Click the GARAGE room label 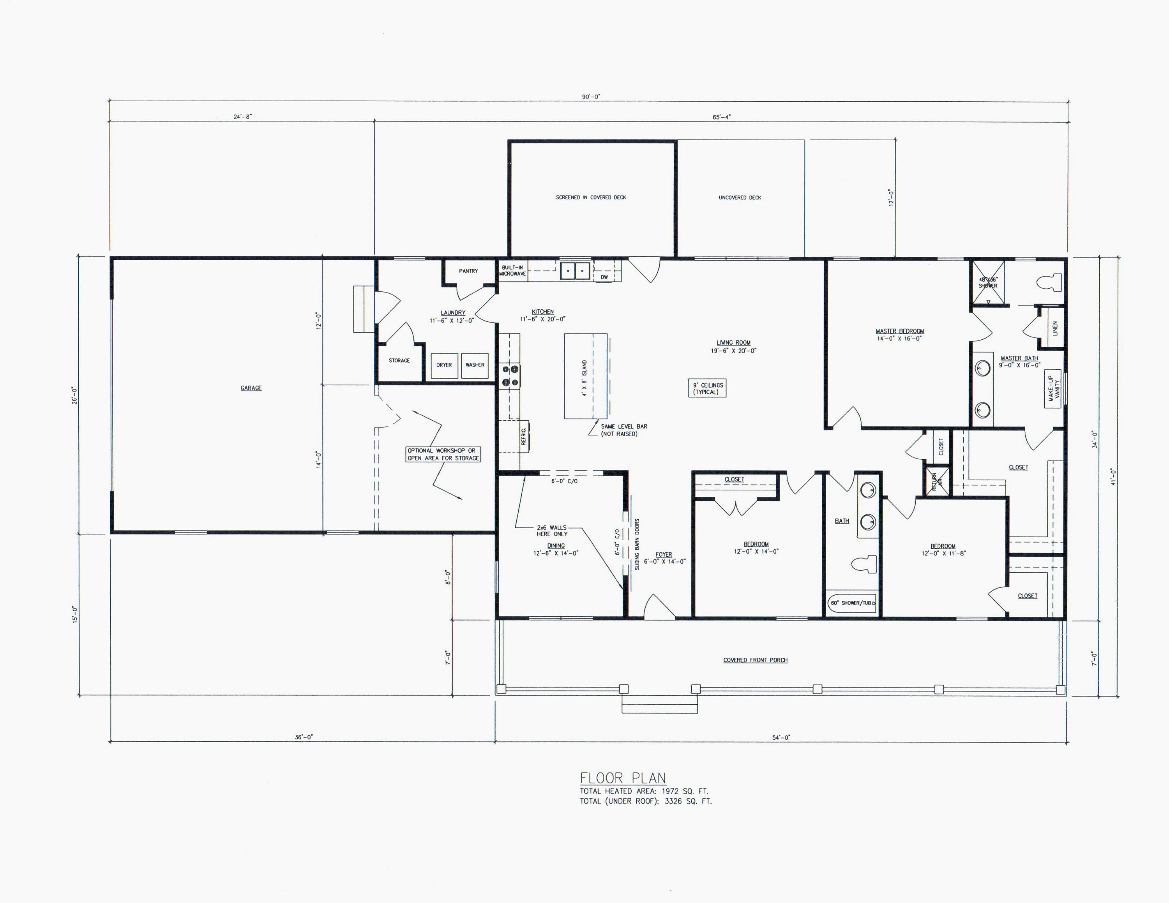point(251,388)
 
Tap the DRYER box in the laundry point(444,365)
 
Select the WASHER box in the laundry point(475,365)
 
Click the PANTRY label point(468,271)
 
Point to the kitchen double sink point(575,271)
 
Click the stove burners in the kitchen point(510,376)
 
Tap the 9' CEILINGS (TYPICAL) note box point(708,388)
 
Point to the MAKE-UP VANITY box point(1053,388)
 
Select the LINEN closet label point(1055,328)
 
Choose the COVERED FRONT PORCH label point(755,660)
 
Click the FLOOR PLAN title point(623,778)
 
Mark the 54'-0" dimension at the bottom point(781,737)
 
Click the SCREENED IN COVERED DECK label point(591,198)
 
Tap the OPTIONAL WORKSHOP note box point(443,454)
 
